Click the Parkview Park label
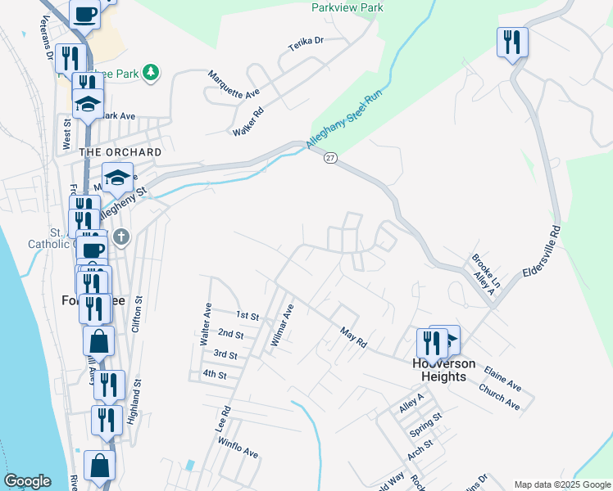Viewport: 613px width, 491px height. click(347, 7)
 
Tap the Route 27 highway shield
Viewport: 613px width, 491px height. click(329, 158)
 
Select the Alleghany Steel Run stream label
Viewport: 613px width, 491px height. click(345, 119)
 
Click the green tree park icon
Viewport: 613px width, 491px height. click(150, 74)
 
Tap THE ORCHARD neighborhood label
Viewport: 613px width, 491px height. click(120, 152)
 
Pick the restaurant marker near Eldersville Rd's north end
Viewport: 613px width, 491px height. click(512, 43)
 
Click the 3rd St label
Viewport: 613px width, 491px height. click(225, 354)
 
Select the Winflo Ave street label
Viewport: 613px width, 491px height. click(238, 448)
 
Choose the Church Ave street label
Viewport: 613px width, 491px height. click(500, 397)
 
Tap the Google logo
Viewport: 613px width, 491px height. click(27, 481)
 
